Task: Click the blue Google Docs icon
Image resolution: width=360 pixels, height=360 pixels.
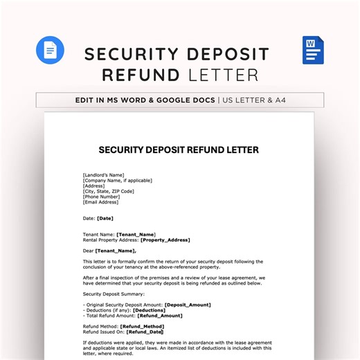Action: click(x=50, y=50)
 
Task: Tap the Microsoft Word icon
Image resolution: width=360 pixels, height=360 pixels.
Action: click(x=313, y=51)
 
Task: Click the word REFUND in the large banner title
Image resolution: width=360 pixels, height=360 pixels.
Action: click(x=141, y=75)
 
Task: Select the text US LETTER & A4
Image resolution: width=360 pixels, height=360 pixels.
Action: click(x=264, y=100)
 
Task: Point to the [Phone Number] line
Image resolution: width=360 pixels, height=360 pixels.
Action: click(x=106, y=197)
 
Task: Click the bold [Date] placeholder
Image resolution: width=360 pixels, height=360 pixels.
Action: click(x=105, y=218)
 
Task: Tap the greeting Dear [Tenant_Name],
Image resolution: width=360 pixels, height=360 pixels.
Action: click(x=110, y=251)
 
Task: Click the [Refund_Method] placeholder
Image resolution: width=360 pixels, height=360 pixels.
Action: click(x=142, y=326)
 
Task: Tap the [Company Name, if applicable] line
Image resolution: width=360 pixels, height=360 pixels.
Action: click(x=118, y=180)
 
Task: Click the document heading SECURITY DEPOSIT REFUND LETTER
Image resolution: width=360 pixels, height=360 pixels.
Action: click(x=179, y=150)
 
